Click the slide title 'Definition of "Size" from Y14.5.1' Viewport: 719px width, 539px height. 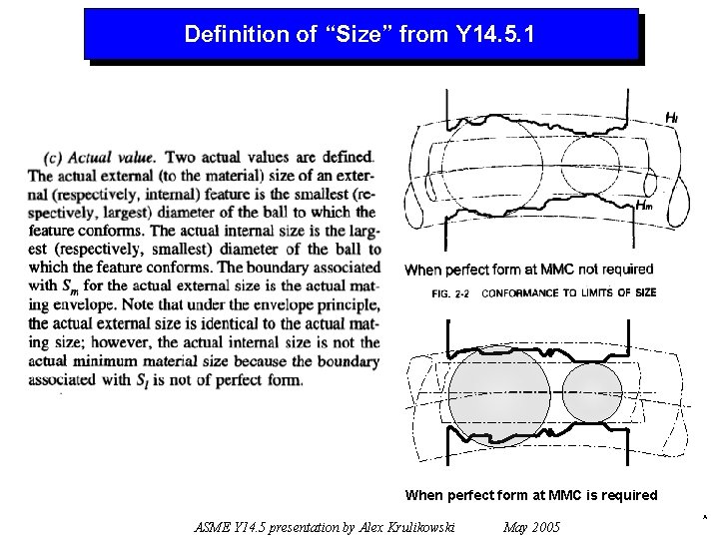tap(359, 35)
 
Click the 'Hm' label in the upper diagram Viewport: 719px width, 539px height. tap(644, 205)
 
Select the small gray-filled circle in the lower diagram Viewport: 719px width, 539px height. tap(592, 391)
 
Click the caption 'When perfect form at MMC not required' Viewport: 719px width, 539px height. tap(528, 269)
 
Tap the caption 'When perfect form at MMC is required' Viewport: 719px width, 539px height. tap(531, 495)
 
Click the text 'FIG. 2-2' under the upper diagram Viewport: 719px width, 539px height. tap(453, 293)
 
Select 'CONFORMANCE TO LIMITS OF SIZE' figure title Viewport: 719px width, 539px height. tap(569, 293)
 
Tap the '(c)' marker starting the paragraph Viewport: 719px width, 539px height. tap(55, 157)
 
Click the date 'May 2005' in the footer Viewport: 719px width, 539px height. tap(531, 527)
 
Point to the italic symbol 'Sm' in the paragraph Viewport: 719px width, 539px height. tap(71, 286)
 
